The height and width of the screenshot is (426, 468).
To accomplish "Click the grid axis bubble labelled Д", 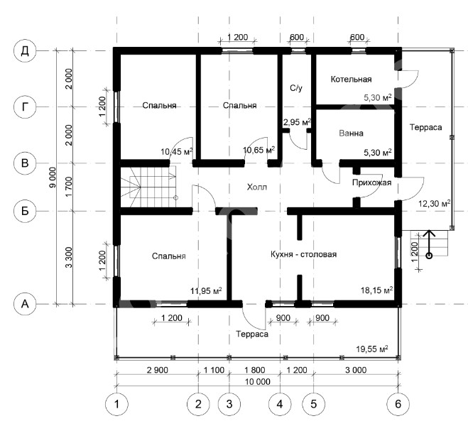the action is point(25,51).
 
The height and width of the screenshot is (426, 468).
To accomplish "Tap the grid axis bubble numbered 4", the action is point(280,404).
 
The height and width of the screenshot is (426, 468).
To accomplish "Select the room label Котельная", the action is point(352,80).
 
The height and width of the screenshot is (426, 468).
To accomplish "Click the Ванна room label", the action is point(351,133).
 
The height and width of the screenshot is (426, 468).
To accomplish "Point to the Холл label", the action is point(257,187).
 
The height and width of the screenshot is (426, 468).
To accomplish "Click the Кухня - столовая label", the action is point(303,254).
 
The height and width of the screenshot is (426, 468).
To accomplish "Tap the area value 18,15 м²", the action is point(376,290).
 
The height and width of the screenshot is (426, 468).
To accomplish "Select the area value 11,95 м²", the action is point(206,290).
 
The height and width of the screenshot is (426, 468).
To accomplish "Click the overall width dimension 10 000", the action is point(258,381).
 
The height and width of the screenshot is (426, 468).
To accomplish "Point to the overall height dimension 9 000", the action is point(53,177).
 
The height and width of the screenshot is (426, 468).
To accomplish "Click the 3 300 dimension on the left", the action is point(69,257).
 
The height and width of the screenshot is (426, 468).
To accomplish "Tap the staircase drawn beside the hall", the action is point(148,187).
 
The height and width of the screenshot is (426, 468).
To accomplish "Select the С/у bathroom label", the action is point(296,88).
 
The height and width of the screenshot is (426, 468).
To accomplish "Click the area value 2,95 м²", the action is point(297,122).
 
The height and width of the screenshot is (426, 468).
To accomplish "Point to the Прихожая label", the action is point(371,182).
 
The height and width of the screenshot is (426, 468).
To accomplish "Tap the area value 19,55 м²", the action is point(372,349).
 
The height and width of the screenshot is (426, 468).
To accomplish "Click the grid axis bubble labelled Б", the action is point(25,211).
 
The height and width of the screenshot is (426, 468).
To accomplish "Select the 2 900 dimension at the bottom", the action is point(157,370).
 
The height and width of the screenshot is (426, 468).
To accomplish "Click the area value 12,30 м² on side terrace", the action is point(435,204).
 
